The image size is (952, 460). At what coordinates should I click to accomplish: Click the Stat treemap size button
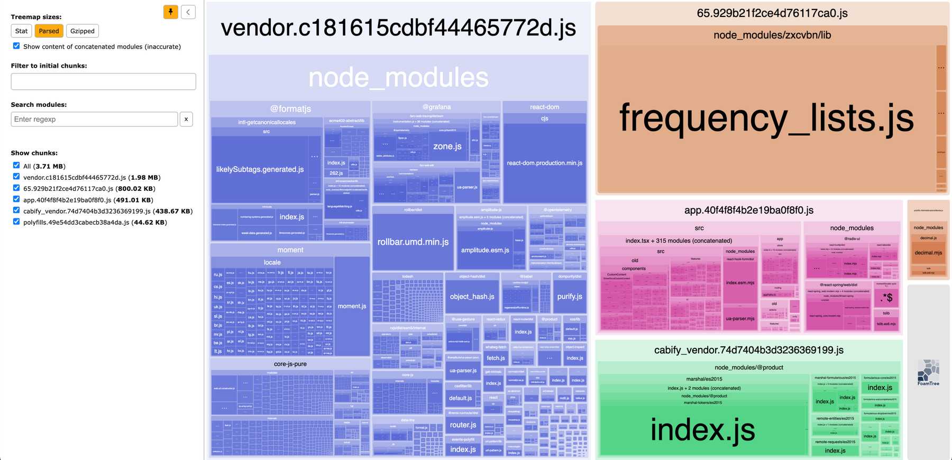[x=21, y=31]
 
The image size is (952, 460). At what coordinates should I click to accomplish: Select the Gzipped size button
[x=83, y=31]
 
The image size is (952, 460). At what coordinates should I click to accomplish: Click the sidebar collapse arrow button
[x=188, y=12]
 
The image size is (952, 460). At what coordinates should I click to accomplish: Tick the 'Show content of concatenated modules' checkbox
[x=16, y=46]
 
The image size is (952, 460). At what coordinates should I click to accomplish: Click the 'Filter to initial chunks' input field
[x=103, y=81]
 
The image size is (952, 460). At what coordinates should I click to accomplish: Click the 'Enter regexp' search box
[x=94, y=119]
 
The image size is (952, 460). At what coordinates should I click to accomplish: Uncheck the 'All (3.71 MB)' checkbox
[x=16, y=165]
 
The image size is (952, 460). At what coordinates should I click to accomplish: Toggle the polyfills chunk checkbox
[x=16, y=222]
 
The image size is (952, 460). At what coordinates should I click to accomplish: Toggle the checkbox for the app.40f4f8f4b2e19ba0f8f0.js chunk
[x=16, y=199]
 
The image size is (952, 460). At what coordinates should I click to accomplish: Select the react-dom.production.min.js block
[x=544, y=163]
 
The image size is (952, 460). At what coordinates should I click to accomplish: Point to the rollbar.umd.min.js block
[x=413, y=242]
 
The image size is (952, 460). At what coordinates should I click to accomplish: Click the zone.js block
[x=447, y=146]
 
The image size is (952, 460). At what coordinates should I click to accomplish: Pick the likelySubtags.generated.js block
[x=260, y=169]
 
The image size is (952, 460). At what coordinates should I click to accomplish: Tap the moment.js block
[x=352, y=306]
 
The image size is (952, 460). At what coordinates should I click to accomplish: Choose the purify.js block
[x=570, y=297]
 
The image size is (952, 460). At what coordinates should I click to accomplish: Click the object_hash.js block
[x=472, y=297]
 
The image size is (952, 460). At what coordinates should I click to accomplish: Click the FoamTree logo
[x=928, y=372]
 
